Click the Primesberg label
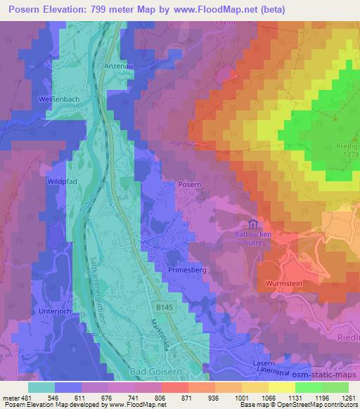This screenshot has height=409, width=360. (185, 269)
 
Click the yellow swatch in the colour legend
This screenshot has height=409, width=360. (282, 387)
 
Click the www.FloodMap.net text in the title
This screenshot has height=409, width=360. (217, 9)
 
